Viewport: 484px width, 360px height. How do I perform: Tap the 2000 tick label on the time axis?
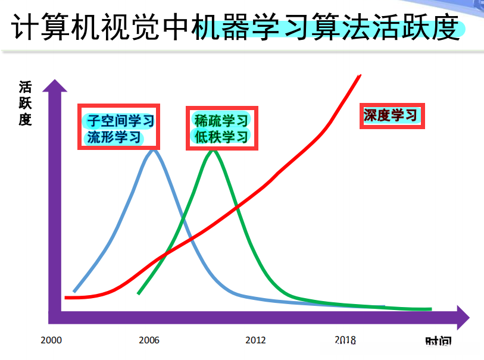(51, 340)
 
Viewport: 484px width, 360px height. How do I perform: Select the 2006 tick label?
(149, 340)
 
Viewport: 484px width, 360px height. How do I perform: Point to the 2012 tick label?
(255, 340)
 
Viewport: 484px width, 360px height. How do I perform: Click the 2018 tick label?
(345, 340)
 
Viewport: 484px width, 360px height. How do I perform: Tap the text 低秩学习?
(221, 137)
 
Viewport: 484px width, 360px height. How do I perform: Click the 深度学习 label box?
(392, 115)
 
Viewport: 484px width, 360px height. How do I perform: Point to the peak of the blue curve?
(154, 151)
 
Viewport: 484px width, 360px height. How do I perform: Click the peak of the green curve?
(213, 151)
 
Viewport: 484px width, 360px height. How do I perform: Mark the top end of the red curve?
(360, 75)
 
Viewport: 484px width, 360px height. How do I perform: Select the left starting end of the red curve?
(66, 297)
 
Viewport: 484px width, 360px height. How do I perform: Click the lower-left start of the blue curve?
(74, 292)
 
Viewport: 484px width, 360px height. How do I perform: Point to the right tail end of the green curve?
(430, 309)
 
